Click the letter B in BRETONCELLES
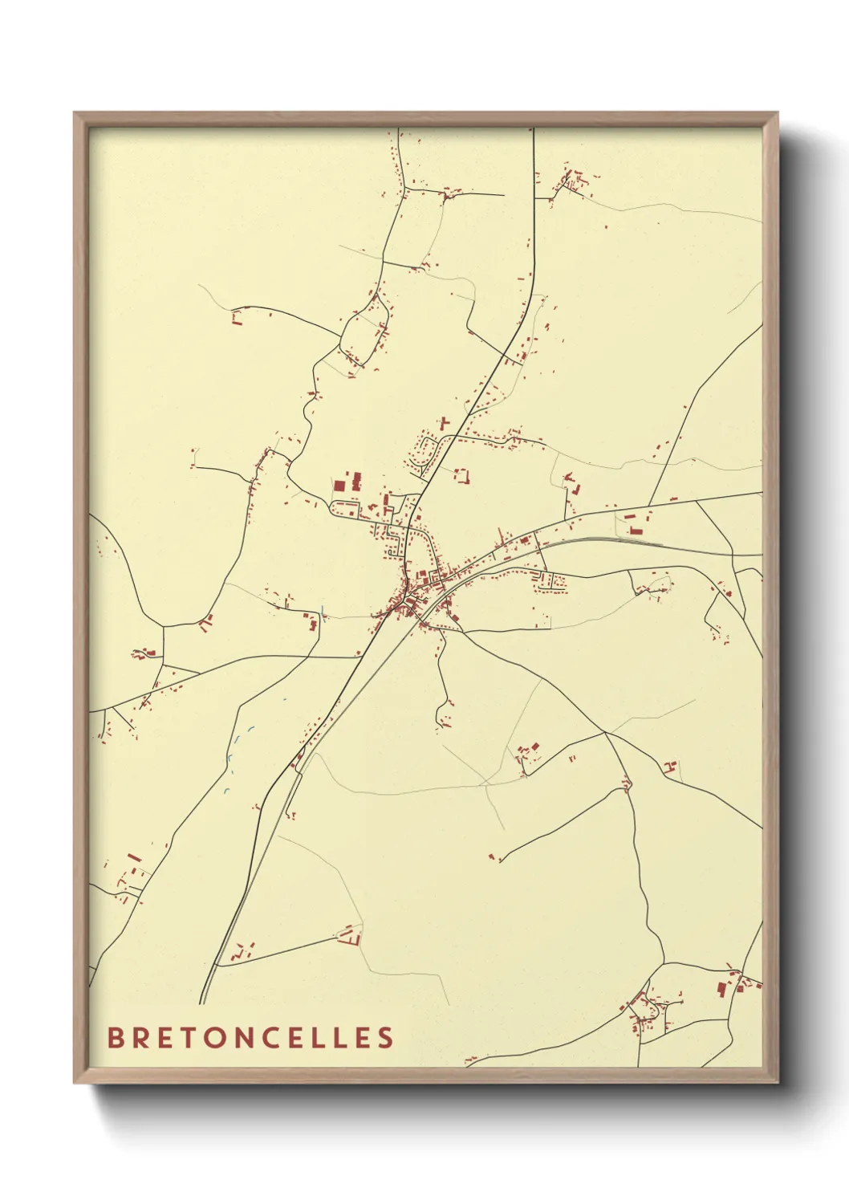point(115,1037)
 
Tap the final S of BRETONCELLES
point(386,1037)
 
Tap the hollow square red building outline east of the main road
point(461,475)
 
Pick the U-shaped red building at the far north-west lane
point(237,319)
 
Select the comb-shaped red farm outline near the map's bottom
point(349,936)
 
